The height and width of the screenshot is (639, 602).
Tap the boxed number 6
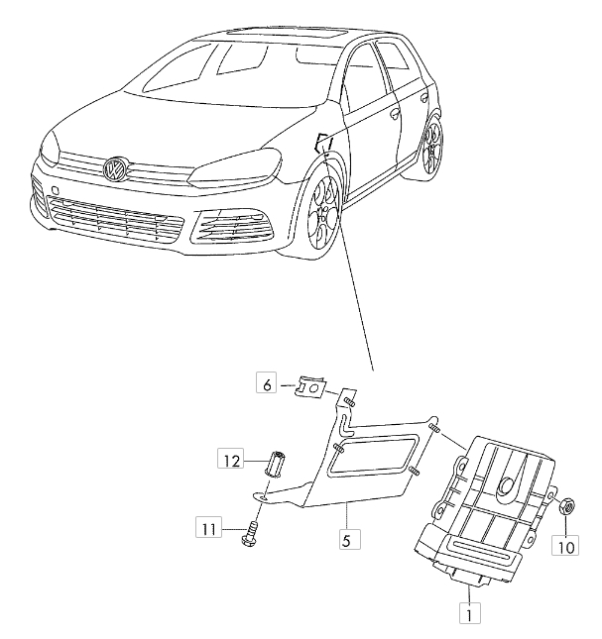tap(265, 383)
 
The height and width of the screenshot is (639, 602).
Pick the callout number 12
tap(231, 459)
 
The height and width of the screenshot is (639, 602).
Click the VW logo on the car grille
tap(117, 168)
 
